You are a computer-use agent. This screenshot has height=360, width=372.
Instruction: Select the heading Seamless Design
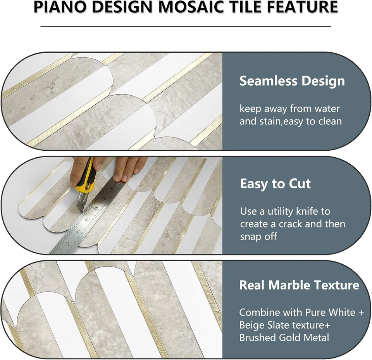292,81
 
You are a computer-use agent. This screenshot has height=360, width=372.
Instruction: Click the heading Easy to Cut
275,183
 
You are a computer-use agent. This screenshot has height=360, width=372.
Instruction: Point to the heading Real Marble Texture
299,285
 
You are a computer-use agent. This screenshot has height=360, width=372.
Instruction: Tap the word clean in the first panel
329,121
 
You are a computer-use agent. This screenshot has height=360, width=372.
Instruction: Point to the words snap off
258,236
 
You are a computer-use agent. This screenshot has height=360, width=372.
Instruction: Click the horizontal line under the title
186,26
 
